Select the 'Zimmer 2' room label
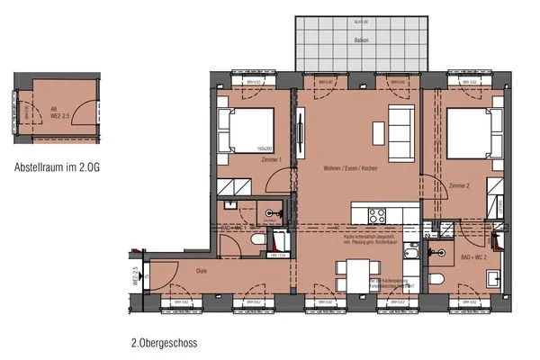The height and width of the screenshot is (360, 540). point(458,185)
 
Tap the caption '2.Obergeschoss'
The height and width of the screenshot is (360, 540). point(164,343)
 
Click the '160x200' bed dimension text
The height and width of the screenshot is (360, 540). point(264,149)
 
